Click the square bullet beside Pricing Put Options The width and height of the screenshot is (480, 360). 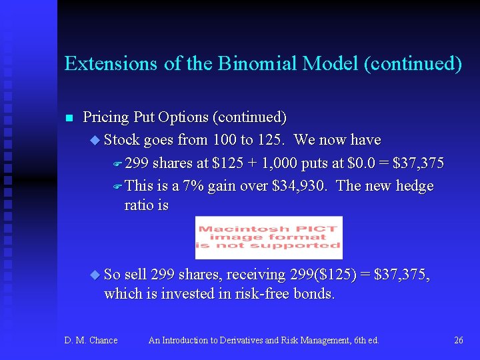click(x=68, y=119)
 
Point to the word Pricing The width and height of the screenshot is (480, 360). click(x=105, y=118)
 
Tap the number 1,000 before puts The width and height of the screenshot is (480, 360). click(x=279, y=163)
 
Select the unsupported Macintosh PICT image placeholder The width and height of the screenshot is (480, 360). click(x=269, y=237)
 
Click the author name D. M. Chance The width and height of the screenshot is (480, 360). click(x=91, y=341)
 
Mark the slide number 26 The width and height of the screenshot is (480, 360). click(x=458, y=341)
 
